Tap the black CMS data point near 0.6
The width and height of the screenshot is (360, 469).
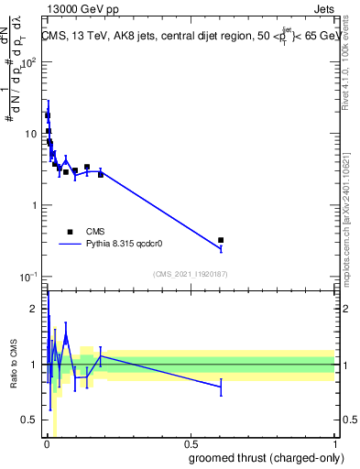click(x=221, y=240)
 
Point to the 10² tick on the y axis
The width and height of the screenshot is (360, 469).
click(x=32, y=62)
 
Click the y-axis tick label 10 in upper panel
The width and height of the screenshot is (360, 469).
click(x=32, y=134)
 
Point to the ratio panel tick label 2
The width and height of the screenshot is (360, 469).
click(x=36, y=309)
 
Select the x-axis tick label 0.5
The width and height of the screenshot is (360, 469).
click(x=190, y=444)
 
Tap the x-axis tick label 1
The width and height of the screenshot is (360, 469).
click(x=334, y=444)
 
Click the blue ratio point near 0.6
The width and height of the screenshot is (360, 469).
click(x=221, y=387)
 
